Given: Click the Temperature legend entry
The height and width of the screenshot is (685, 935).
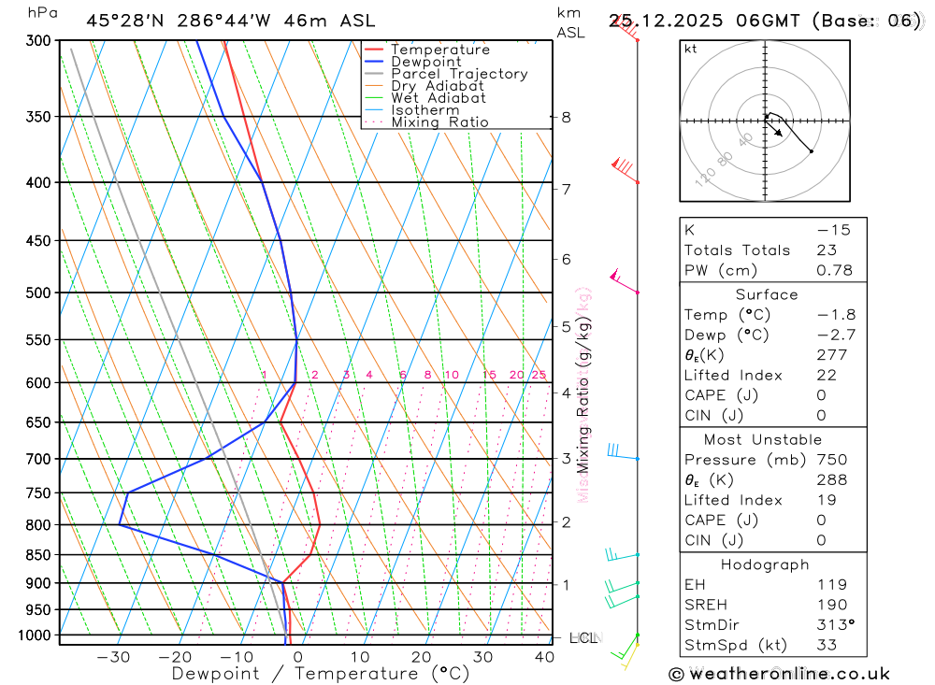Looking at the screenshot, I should coord(439,50).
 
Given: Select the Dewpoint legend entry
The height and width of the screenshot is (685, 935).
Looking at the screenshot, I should coord(425,63).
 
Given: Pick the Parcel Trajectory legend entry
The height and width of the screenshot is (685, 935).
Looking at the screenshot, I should coord(459,74).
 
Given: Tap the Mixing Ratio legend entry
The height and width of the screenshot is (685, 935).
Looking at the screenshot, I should coord(439,122).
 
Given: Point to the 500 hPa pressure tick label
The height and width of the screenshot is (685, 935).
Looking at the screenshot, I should coord(37,293).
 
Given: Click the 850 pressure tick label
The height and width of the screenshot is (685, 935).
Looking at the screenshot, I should coord(37,555).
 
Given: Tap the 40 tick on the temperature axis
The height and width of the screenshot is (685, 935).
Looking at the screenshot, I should coord(544,657).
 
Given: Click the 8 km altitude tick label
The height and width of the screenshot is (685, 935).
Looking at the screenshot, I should coord(567,118).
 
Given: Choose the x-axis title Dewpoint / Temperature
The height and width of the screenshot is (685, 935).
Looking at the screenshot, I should coord(321,673).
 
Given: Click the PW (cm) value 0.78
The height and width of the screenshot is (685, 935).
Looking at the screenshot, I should coord(834,270).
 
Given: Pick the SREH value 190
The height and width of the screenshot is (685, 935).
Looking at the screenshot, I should coord(831,605).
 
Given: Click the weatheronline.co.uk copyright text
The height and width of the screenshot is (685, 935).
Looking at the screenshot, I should coord(779,674).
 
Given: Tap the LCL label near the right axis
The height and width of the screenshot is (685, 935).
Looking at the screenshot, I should coord(583,638).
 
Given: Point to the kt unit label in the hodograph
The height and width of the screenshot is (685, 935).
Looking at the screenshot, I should coord(691,50).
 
